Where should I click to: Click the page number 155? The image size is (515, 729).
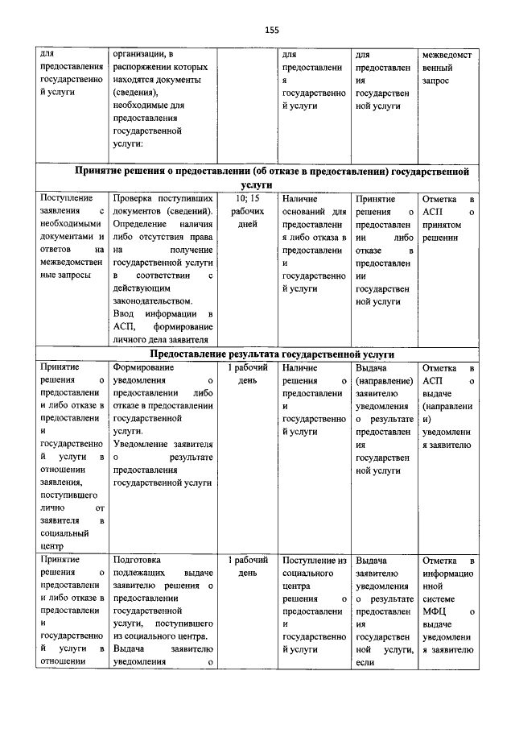(x=271, y=30)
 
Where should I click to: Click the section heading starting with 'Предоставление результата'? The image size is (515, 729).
(x=272, y=354)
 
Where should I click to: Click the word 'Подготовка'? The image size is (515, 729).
(x=138, y=559)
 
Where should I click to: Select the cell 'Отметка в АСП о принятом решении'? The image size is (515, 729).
(x=448, y=217)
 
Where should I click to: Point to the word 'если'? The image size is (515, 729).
(x=364, y=662)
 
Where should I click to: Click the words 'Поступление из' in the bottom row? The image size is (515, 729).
(x=314, y=559)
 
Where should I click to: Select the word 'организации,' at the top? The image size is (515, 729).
(x=142, y=54)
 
